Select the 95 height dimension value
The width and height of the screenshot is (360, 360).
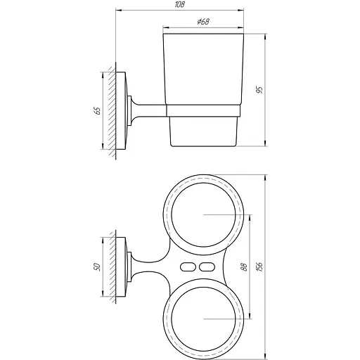[258, 91]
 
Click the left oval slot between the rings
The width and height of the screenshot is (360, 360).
[188, 266]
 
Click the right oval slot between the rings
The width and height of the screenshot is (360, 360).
[206, 266]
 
